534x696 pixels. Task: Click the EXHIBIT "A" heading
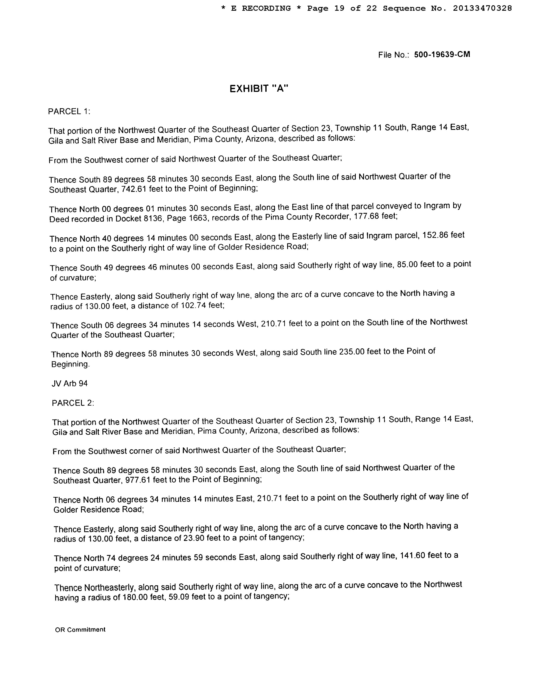pyautogui.click(x=259, y=88)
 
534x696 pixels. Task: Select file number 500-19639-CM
pyautogui.click(x=442, y=54)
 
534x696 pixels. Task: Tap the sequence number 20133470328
pyautogui.click(x=482, y=8)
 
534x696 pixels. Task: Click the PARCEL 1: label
pyautogui.click(x=69, y=111)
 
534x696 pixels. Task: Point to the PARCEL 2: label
pyautogui.click(x=73, y=403)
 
